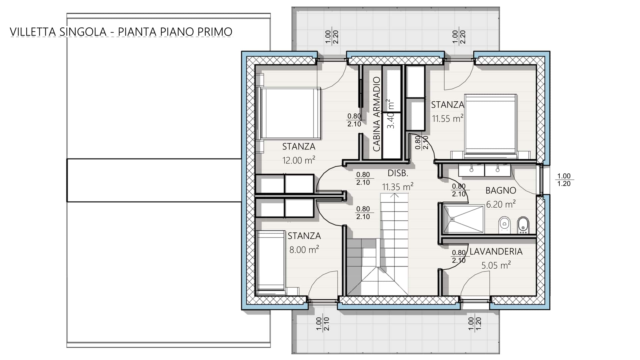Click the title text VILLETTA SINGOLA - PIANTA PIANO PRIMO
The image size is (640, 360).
coord(121,32)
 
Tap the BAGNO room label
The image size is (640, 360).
coord(501,190)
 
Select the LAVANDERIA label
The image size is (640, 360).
coord(496,251)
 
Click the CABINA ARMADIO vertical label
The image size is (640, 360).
coord(376,114)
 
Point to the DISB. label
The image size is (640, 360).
coord(398,173)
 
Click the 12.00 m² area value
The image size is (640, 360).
coord(299,160)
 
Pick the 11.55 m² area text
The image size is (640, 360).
coord(448,118)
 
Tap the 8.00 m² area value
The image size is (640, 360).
coord(304,249)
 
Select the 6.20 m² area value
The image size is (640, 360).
coord(501,204)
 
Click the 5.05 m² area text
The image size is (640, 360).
coord(496,265)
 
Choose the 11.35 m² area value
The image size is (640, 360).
coord(398,186)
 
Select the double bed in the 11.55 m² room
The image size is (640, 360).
coord(491,126)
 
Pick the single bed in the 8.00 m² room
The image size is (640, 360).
coord(271,262)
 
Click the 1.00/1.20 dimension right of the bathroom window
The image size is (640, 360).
coord(564,180)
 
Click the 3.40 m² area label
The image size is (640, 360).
coord(391,114)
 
